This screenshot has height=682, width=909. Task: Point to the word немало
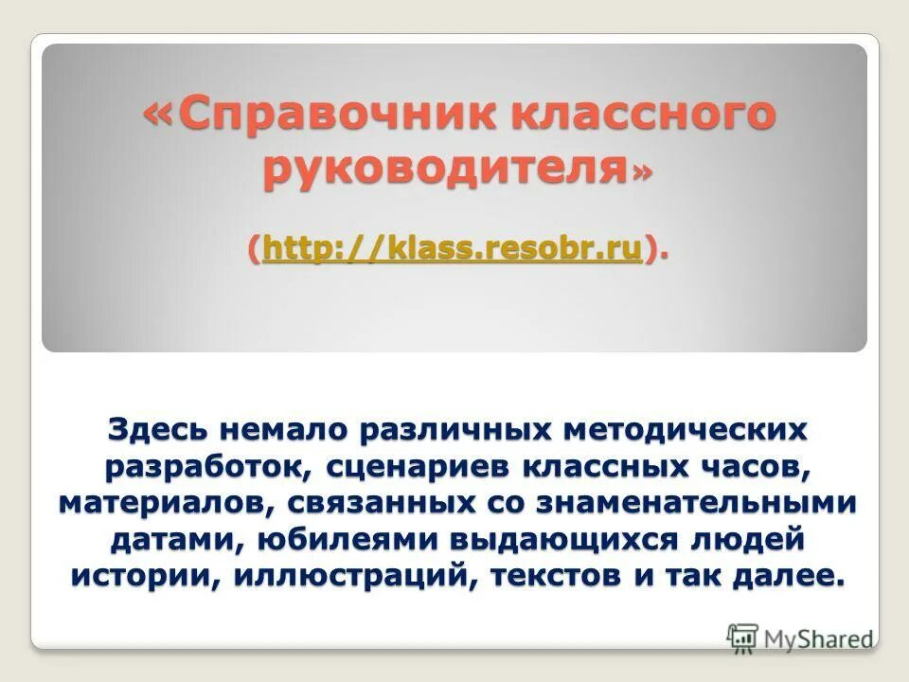(283, 429)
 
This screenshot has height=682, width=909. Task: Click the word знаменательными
(697, 503)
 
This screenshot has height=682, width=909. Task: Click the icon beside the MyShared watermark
(743, 637)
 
